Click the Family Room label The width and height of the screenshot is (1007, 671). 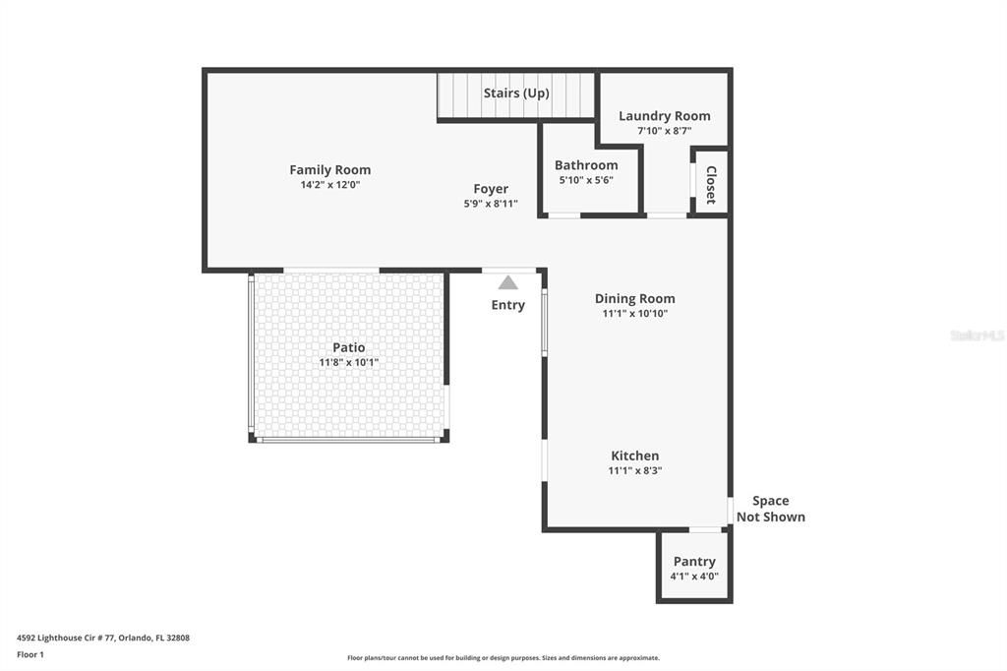pyautogui.click(x=329, y=169)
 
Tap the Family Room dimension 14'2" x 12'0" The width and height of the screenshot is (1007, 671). pyautogui.click(x=329, y=185)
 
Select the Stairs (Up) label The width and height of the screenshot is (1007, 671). pyautogui.click(x=516, y=93)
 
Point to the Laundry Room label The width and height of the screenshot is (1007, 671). pyautogui.click(x=664, y=116)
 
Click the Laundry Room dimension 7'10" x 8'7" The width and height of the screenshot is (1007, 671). pyautogui.click(x=664, y=131)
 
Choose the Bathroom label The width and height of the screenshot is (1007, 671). pyautogui.click(x=586, y=165)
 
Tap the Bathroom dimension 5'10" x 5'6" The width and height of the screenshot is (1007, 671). pyautogui.click(x=586, y=180)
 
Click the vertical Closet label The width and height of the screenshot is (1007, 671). pyautogui.click(x=711, y=184)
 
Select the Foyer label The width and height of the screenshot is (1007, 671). pyautogui.click(x=491, y=189)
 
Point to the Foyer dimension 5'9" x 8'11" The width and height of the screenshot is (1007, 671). pyautogui.click(x=491, y=204)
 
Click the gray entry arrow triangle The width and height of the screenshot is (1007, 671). pyautogui.click(x=507, y=282)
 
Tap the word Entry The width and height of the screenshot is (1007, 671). pyautogui.click(x=507, y=305)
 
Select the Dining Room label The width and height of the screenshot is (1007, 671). pyautogui.click(x=634, y=298)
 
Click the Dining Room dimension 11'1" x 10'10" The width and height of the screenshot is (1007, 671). pyautogui.click(x=634, y=314)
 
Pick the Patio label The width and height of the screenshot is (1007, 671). pyautogui.click(x=348, y=347)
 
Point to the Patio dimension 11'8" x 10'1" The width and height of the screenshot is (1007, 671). pyautogui.click(x=348, y=362)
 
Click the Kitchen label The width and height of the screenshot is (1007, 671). pyautogui.click(x=635, y=456)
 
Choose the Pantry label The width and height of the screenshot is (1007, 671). pyautogui.click(x=694, y=562)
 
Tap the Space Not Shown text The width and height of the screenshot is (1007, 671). pyautogui.click(x=770, y=509)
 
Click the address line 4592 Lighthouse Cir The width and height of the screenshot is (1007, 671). pyautogui.click(x=102, y=638)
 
